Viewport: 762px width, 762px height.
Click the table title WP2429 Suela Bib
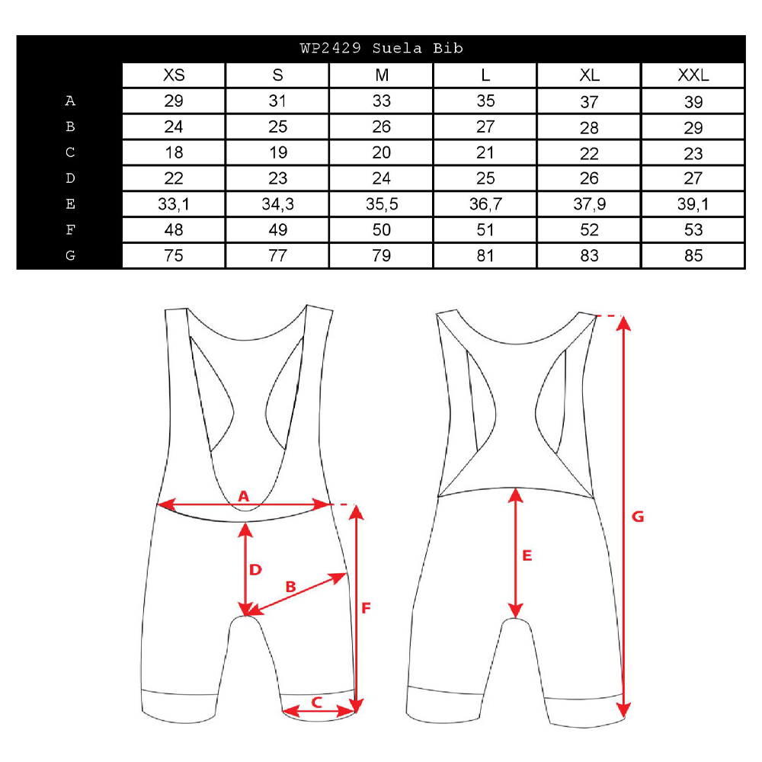382,48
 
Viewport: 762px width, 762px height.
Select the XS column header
174,75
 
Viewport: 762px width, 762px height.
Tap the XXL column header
693,75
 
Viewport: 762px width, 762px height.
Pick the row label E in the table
70,203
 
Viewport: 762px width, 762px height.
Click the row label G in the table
70,255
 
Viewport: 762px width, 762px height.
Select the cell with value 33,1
174,204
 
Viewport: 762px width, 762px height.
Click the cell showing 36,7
485,204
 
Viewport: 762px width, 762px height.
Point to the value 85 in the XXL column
693,255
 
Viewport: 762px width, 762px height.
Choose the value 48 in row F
174,230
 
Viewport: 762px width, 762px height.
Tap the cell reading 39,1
693,204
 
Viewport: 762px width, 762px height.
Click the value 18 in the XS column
174,152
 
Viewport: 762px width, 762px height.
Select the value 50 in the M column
382,230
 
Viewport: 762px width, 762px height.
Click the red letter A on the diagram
244,496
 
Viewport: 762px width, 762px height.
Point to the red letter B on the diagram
290,587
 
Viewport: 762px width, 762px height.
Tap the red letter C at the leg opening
317,703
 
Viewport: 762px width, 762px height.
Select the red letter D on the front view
255,569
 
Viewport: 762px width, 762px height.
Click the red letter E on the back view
527,555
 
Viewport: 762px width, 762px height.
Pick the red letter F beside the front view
367,607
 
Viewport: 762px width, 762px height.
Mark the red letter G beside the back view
638,517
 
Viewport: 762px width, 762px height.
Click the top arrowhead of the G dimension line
624,322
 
